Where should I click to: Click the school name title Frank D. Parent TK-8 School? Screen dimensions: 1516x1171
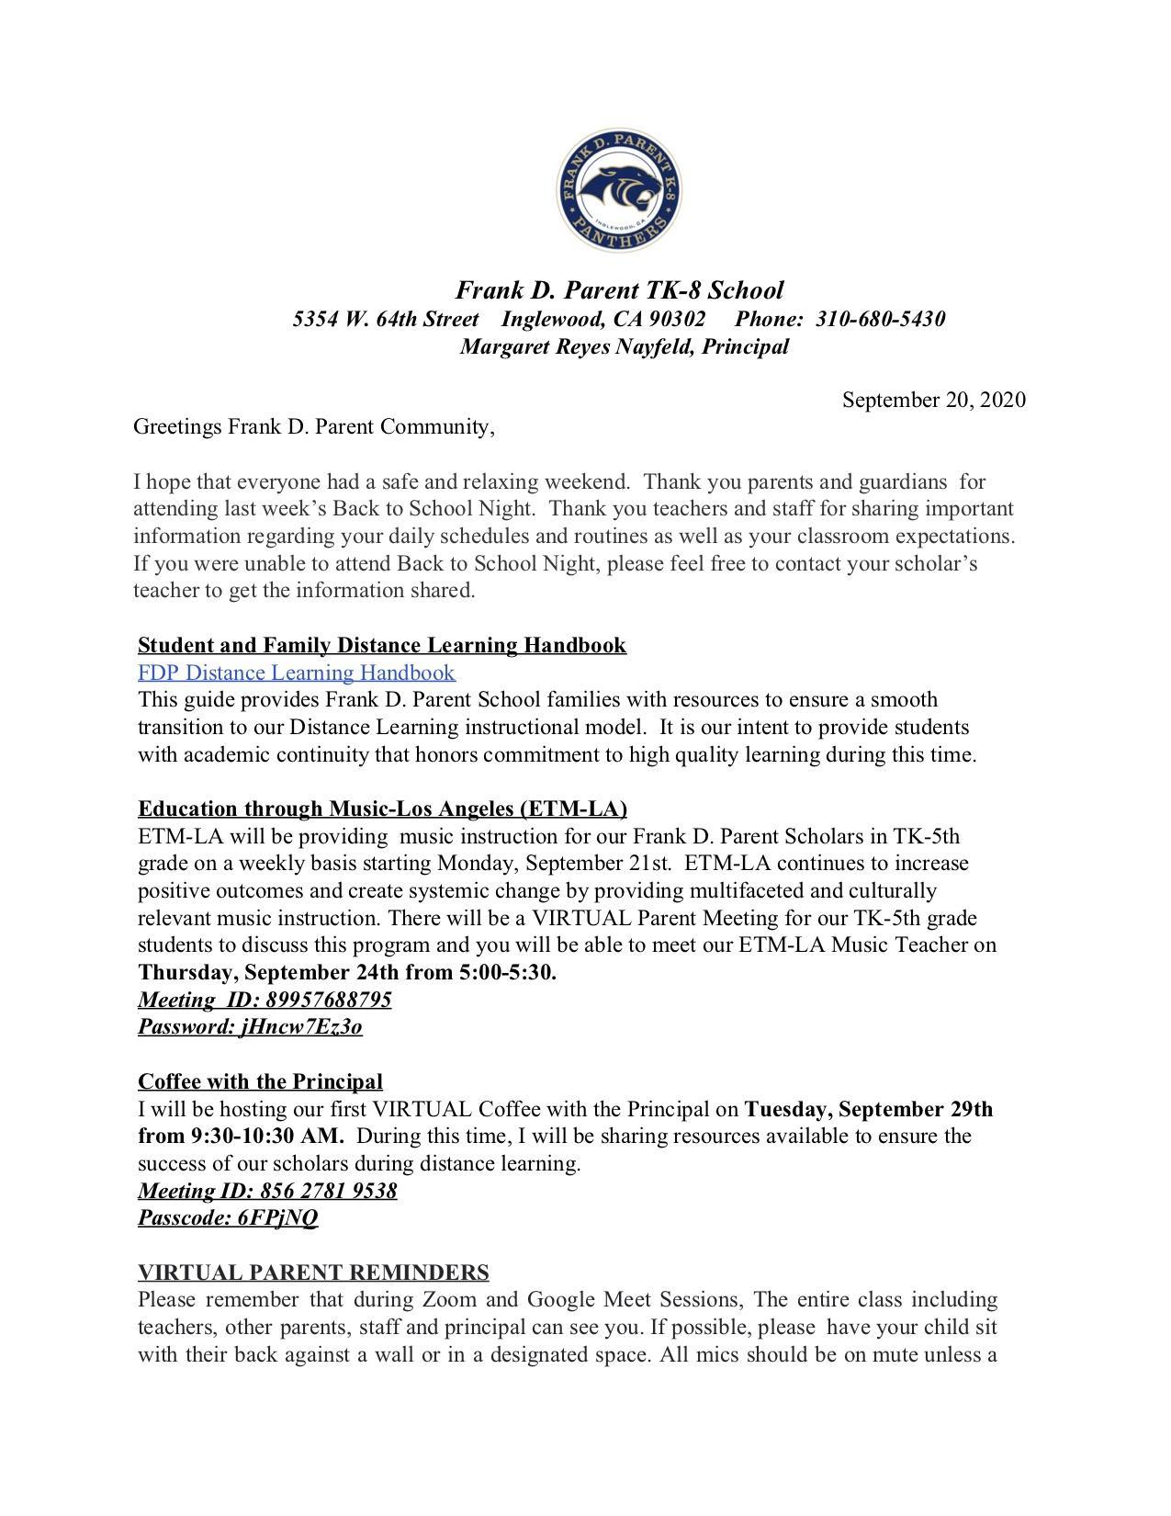coord(620,290)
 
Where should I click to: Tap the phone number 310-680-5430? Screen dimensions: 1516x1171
coord(880,319)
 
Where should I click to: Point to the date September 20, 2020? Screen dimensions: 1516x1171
coord(933,400)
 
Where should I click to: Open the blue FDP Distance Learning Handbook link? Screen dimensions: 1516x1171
coord(297,673)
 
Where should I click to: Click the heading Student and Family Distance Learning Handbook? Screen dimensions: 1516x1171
coord(382,645)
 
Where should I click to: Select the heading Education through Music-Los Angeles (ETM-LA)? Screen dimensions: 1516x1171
coord(382,809)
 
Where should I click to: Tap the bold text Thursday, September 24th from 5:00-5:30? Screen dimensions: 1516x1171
coord(347,972)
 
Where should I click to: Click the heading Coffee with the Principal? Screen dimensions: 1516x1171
coord(260,1081)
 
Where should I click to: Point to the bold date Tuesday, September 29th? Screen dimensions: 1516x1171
coord(868,1109)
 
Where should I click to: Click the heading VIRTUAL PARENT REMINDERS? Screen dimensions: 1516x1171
coord(313,1273)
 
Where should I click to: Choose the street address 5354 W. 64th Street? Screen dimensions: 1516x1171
coord(386,319)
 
